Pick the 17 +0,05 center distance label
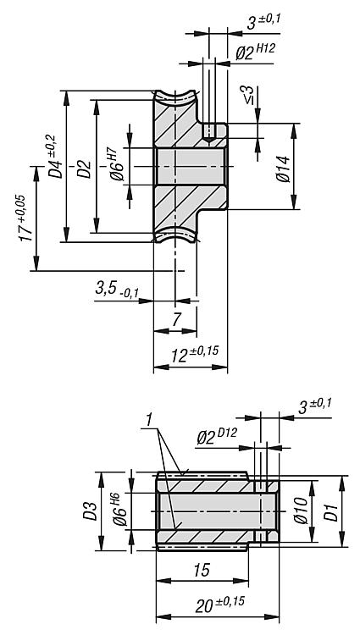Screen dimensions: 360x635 click(25, 218)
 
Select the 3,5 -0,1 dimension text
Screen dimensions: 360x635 click(117, 290)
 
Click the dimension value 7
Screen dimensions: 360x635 click(175, 320)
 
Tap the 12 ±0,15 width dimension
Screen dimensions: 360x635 click(194, 355)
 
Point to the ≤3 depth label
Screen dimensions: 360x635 click(249, 95)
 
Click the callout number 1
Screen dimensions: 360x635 click(148, 420)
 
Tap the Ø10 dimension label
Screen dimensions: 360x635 click(302, 511)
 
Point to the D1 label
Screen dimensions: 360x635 click(332, 512)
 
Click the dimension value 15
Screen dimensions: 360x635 click(202, 570)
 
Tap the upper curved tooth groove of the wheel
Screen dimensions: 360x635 click(175, 99)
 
